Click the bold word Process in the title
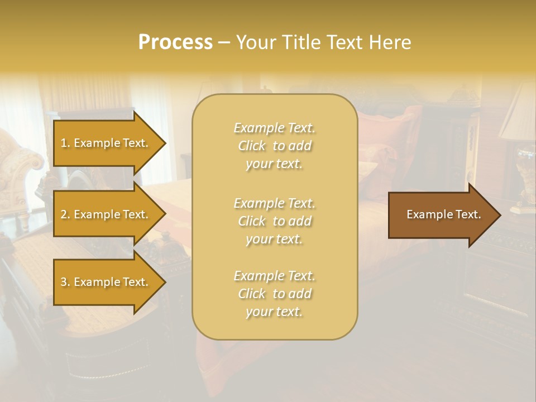click(175, 42)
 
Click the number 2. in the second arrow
click(65, 214)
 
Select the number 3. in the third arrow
click(65, 282)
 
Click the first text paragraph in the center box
click(274, 146)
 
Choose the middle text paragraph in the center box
click(274, 221)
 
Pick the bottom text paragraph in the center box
click(274, 294)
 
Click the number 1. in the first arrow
click(65, 143)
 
